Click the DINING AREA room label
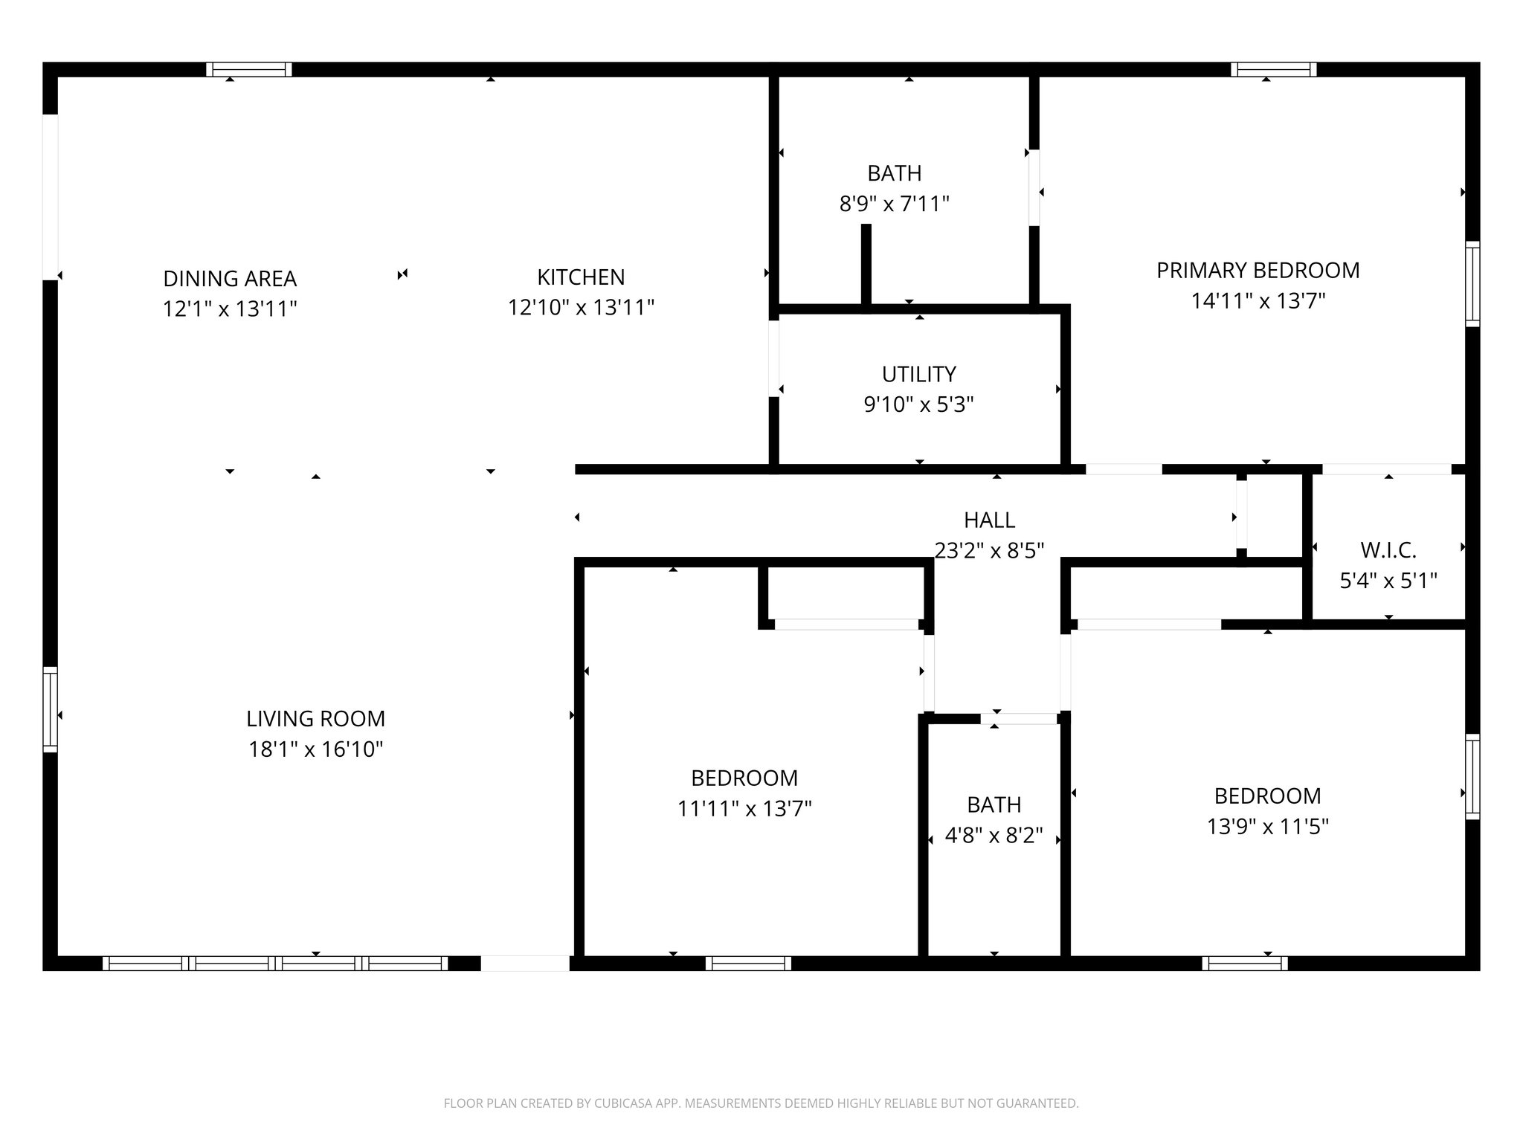[x=230, y=279]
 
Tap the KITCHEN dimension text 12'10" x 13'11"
[x=581, y=307]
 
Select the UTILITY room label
[x=918, y=374]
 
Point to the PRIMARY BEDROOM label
[x=1258, y=271]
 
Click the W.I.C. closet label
[x=1388, y=550]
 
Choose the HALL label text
[x=989, y=520]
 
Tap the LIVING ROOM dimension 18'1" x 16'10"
[x=315, y=749]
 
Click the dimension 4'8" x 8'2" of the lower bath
[x=994, y=836]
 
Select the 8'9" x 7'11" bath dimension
[x=894, y=203]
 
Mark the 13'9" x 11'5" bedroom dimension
[x=1267, y=826]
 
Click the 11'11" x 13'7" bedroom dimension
[x=744, y=808]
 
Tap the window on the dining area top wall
[x=248, y=70]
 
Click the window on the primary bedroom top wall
[x=1273, y=70]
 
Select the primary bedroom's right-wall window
[x=1472, y=283]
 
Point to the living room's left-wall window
[x=50, y=709]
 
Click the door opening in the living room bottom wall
[x=525, y=963]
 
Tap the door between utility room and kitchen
[x=773, y=358]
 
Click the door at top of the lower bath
[x=1019, y=718]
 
